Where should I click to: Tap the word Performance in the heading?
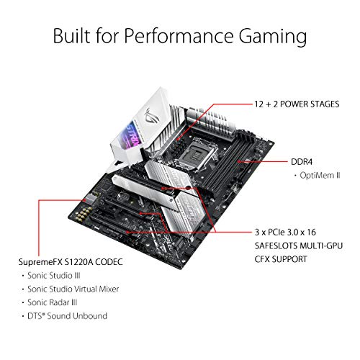coord(179,35)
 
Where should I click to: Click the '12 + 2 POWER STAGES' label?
coord(297,104)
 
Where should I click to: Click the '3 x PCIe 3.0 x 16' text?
coord(285,232)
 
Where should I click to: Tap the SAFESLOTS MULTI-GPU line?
coord(299,246)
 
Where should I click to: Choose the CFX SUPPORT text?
coord(281,259)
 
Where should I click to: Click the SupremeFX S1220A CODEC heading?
coord(71,262)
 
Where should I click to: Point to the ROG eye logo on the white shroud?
coord(150,117)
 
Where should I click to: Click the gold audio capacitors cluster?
coord(83,213)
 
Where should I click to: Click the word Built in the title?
coord(72,35)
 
